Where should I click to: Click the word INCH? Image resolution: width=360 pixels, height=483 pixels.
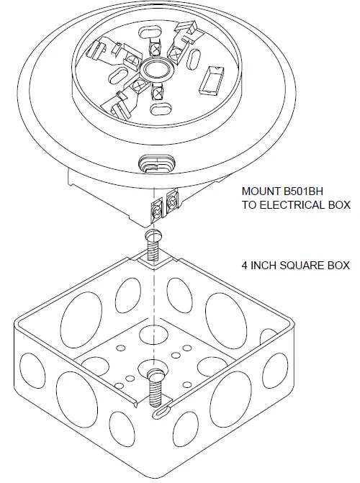263,266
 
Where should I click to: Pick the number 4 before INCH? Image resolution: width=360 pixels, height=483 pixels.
245,266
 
